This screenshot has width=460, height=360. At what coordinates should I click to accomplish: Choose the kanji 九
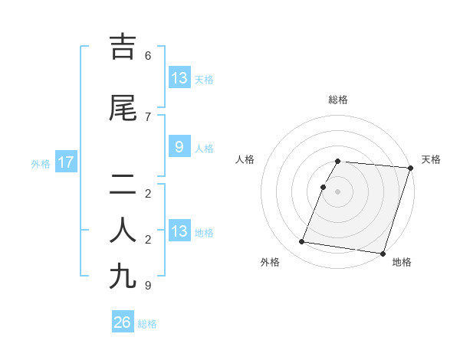(x=123, y=276)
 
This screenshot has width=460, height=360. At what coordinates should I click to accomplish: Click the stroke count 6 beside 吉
(x=148, y=56)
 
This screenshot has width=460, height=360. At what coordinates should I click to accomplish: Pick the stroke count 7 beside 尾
(x=148, y=116)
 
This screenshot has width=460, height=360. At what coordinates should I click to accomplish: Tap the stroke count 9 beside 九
(x=148, y=286)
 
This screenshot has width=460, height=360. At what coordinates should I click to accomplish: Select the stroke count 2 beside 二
(x=148, y=193)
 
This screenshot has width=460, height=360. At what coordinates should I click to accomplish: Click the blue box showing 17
(x=65, y=162)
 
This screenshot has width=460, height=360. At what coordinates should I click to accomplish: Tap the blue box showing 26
(x=123, y=322)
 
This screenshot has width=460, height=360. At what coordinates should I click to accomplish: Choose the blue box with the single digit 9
(x=179, y=146)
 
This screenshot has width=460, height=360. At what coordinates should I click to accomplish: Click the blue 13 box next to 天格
(x=179, y=77)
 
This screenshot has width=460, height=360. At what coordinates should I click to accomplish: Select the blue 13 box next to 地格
(x=179, y=231)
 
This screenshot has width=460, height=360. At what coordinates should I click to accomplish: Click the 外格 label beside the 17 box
(x=41, y=163)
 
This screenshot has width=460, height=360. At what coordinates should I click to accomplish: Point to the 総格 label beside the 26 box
(x=147, y=324)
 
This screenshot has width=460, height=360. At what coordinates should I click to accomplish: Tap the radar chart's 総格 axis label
(x=338, y=100)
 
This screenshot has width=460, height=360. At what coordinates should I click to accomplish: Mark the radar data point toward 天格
(x=411, y=168)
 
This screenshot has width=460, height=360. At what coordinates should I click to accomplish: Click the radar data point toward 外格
(x=302, y=242)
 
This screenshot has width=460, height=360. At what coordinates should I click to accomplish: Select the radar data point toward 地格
(x=382, y=254)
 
